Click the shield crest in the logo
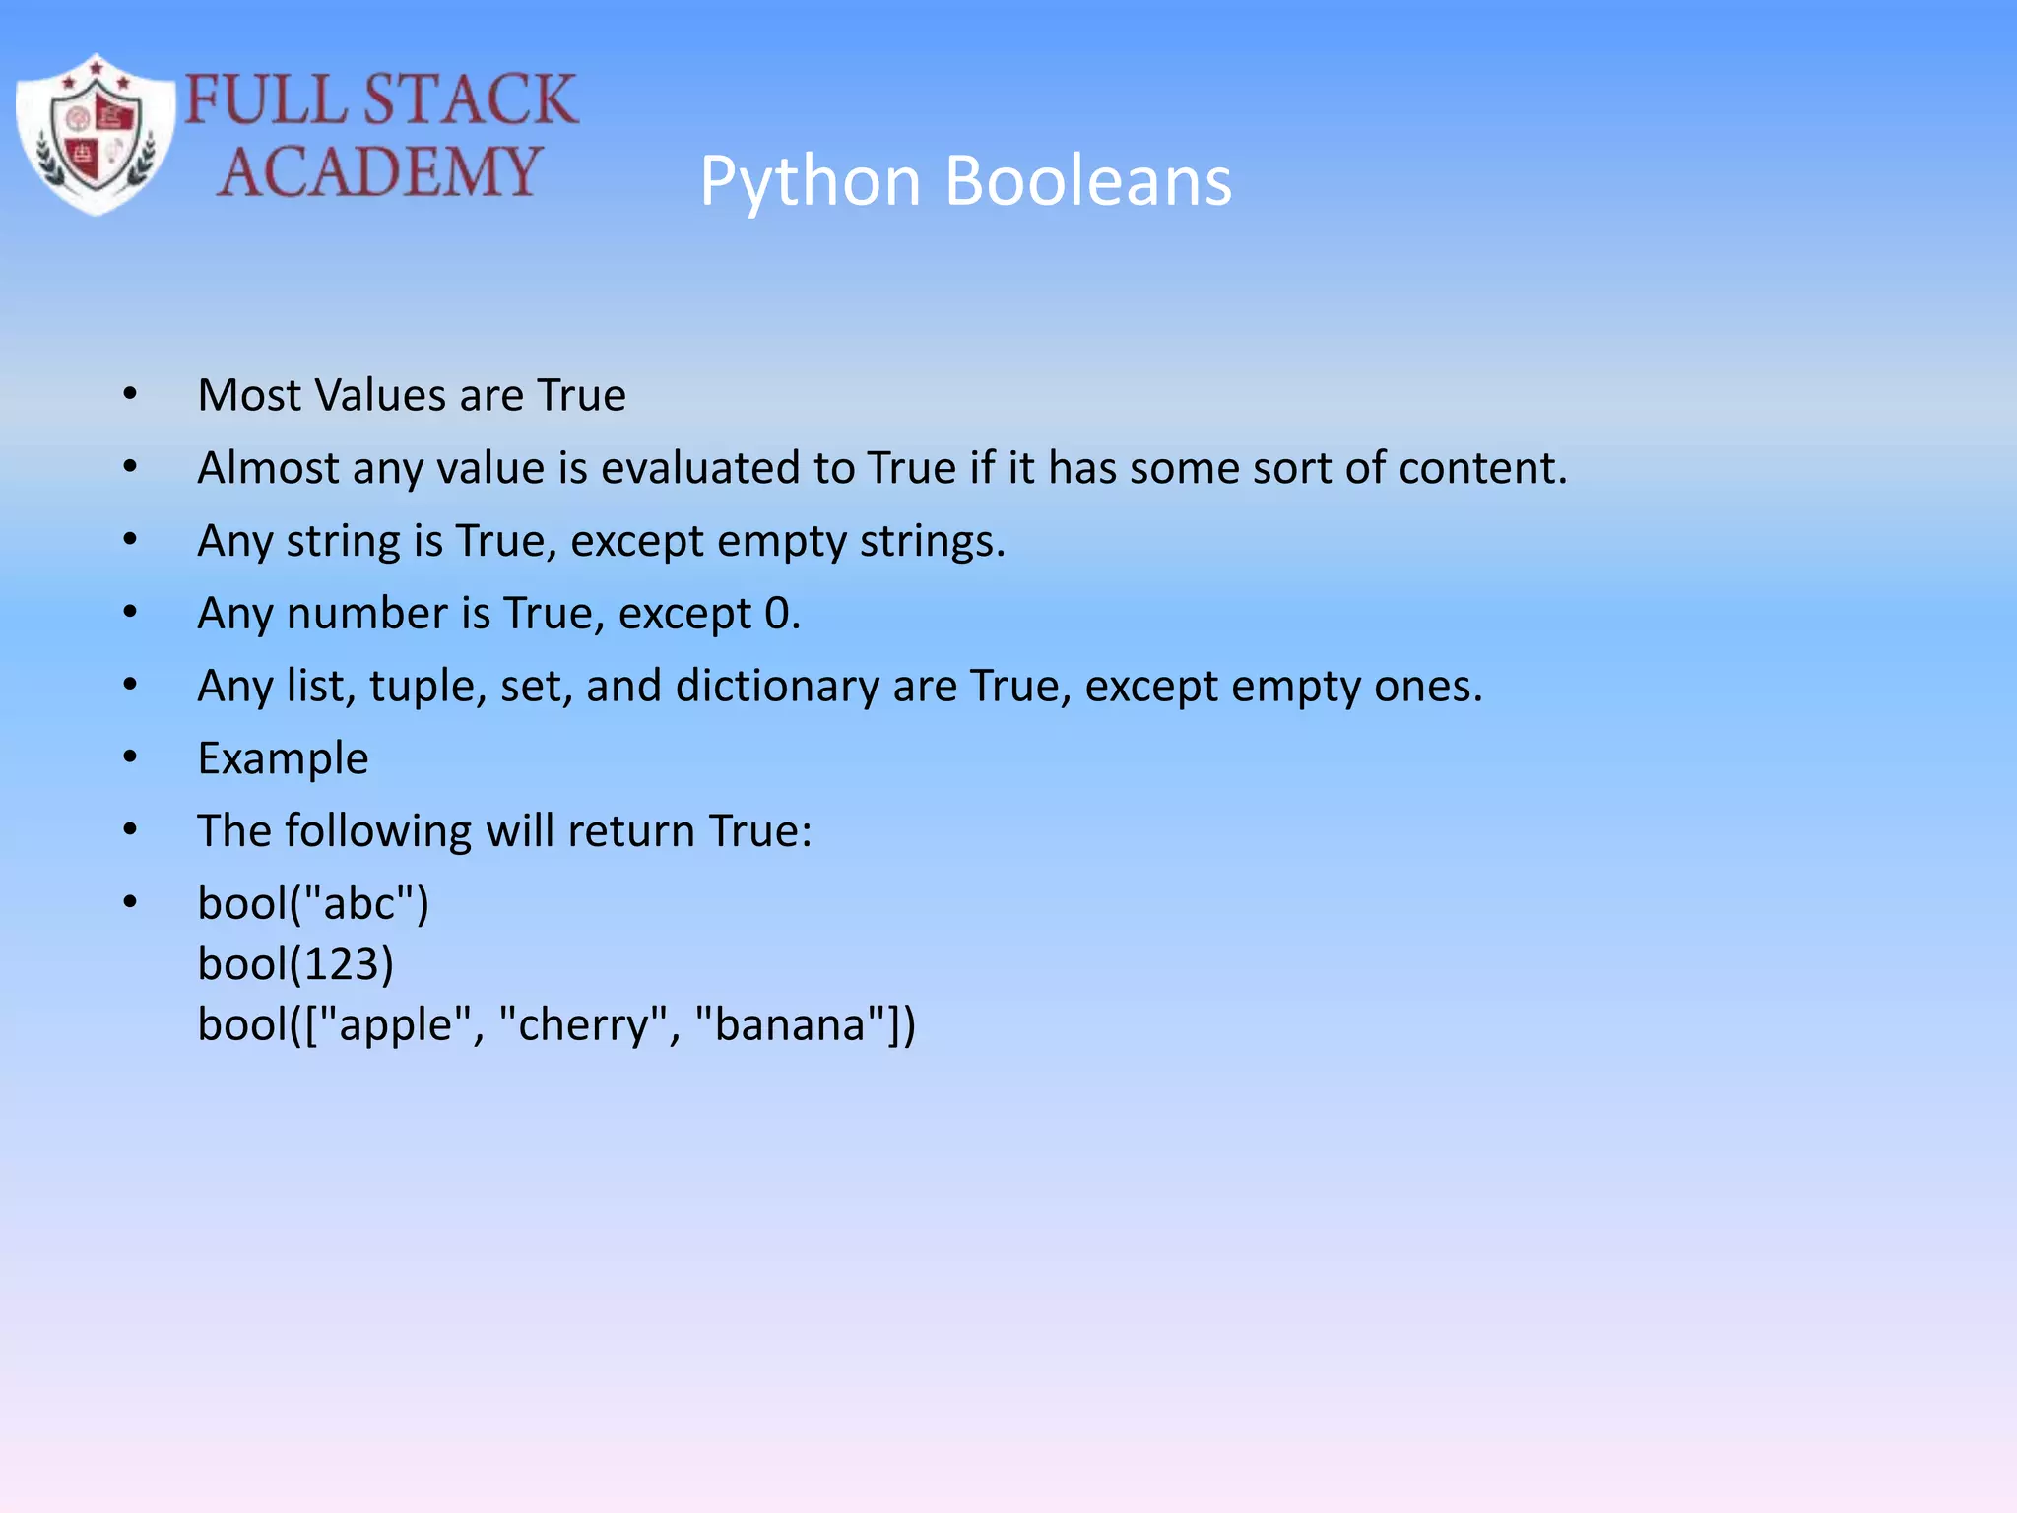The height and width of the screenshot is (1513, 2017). tap(96, 134)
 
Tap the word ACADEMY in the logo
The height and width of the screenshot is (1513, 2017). tap(379, 171)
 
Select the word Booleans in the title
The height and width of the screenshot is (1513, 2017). tap(1088, 181)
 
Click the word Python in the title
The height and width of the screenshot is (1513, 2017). tap(810, 183)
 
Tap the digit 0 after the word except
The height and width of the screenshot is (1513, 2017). tap(777, 614)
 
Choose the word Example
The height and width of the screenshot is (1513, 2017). tap(283, 758)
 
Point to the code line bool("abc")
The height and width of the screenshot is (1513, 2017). tap(313, 903)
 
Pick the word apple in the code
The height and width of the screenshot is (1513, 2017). tap(394, 1024)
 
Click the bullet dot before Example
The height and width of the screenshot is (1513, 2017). tap(131, 756)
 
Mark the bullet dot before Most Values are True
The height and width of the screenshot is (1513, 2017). tap(131, 394)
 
